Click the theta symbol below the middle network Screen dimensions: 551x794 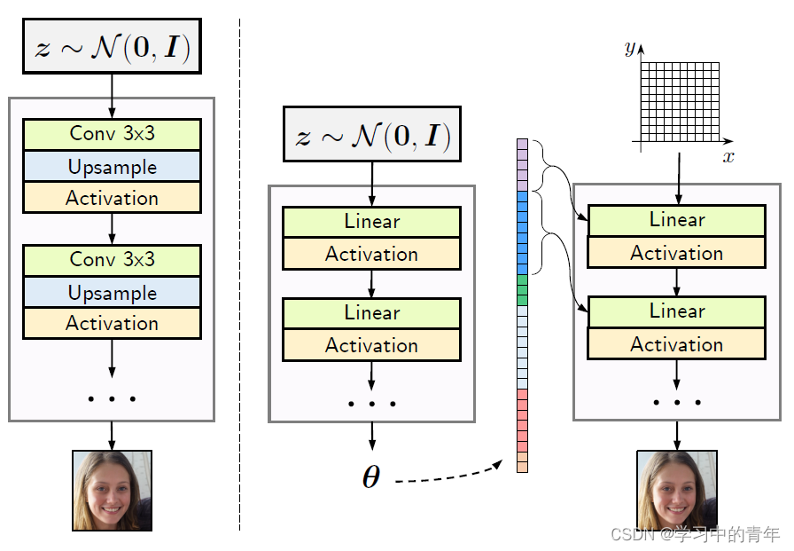[370, 477]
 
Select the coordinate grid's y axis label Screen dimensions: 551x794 [629, 48]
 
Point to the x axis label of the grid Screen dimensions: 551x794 [728, 157]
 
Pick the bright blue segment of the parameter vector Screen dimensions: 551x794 [522, 232]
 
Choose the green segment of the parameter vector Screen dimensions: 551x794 [522, 290]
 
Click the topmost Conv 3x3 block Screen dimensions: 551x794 [112, 134]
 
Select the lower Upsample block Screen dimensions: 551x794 [112, 293]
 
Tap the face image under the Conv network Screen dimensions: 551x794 [112, 490]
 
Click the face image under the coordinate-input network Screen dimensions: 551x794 [676, 489]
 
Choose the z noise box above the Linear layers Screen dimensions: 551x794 [371, 134]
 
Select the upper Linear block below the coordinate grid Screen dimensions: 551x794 [676, 220]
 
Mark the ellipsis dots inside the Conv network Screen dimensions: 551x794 [112, 398]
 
